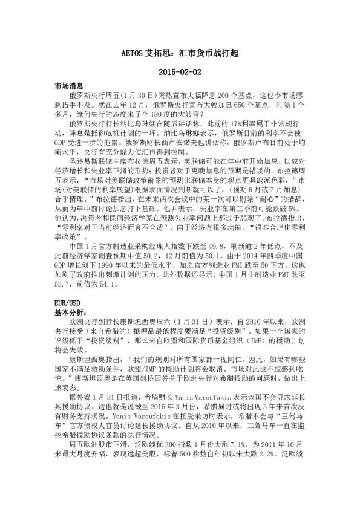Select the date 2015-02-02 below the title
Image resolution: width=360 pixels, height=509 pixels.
(180, 72)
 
